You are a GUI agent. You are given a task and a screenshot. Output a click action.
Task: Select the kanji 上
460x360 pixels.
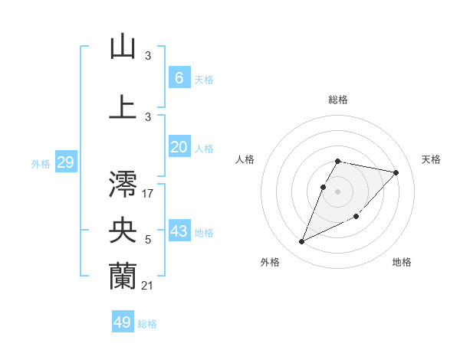point(123,106)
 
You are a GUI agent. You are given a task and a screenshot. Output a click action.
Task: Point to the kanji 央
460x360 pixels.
point(123,231)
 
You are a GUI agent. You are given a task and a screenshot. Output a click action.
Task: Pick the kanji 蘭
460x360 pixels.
point(123,277)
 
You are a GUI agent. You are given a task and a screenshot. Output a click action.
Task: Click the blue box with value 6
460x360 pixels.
point(179,78)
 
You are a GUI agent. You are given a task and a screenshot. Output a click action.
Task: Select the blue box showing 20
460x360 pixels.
point(179,148)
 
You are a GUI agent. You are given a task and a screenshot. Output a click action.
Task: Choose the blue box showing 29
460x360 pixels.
point(65,162)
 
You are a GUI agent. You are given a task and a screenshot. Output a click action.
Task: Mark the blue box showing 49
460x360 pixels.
point(123,322)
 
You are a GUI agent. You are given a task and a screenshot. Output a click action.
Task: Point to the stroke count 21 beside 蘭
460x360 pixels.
point(148,285)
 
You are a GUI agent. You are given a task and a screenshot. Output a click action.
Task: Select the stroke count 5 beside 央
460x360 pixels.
point(148,240)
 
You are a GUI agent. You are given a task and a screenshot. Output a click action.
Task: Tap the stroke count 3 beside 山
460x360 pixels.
point(148,55)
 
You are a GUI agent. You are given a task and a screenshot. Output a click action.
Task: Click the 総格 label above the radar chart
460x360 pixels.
point(338,100)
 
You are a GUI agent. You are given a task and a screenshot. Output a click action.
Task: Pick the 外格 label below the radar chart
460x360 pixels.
point(270,262)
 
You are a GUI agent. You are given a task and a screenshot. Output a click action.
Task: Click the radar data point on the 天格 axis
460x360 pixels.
point(396,173)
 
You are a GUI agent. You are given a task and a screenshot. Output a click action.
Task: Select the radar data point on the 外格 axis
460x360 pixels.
point(301,242)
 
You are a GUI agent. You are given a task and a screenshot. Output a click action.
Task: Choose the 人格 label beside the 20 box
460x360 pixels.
point(204,149)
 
